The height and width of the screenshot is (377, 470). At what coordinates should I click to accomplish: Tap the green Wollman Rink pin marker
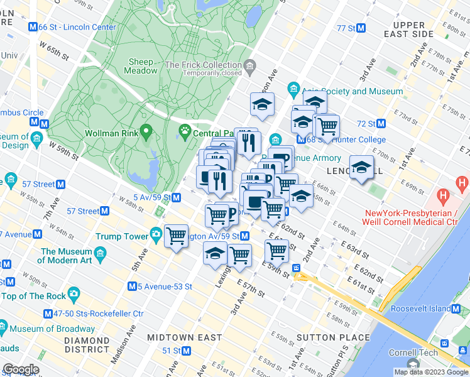tap(146, 132)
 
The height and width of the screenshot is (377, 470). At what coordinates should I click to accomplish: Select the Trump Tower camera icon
tap(155, 236)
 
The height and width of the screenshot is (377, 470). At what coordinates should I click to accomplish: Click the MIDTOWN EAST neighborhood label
tap(184, 337)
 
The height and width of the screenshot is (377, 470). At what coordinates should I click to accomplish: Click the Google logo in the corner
tap(20, 369)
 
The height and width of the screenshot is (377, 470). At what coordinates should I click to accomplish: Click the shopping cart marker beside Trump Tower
tap(176, 236)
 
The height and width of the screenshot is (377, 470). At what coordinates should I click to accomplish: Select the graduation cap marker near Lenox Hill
tap(361, 167)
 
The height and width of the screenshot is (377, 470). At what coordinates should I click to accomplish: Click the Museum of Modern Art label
tap(67, 256)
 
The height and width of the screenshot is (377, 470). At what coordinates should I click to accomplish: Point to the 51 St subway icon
tap(186, 351)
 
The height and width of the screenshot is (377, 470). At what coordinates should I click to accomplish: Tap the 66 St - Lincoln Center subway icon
tap(33, 27)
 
